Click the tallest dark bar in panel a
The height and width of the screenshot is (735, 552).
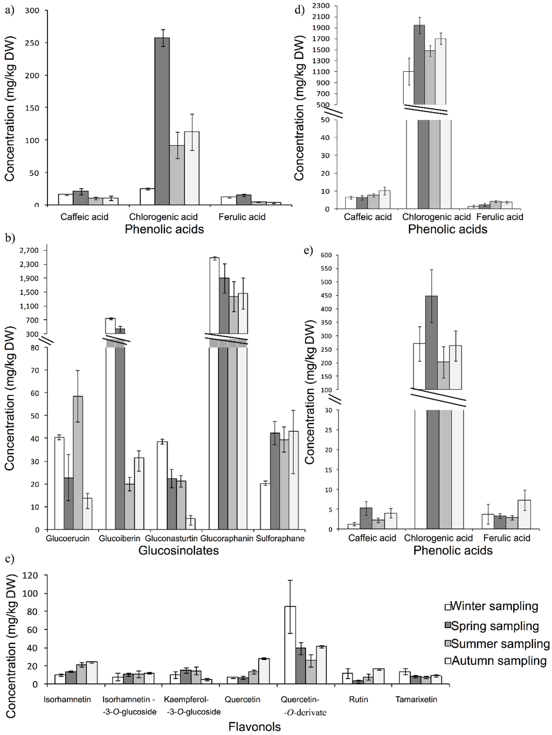[x=162, y=121]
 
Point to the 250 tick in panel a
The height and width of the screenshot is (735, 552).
[x=33, y=43]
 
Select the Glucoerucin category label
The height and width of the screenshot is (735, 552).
[x=68, y=538]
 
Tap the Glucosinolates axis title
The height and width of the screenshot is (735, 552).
[x=178, y=551]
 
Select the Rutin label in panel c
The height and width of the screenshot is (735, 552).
[x=358, y=699]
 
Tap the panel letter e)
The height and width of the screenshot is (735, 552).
[x=308, y=250]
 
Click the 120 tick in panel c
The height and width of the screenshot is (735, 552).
[x=31, y=575]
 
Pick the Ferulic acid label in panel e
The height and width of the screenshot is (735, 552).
[x=507, y=538]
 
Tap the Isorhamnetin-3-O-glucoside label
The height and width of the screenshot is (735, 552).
[x=129, y=705]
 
